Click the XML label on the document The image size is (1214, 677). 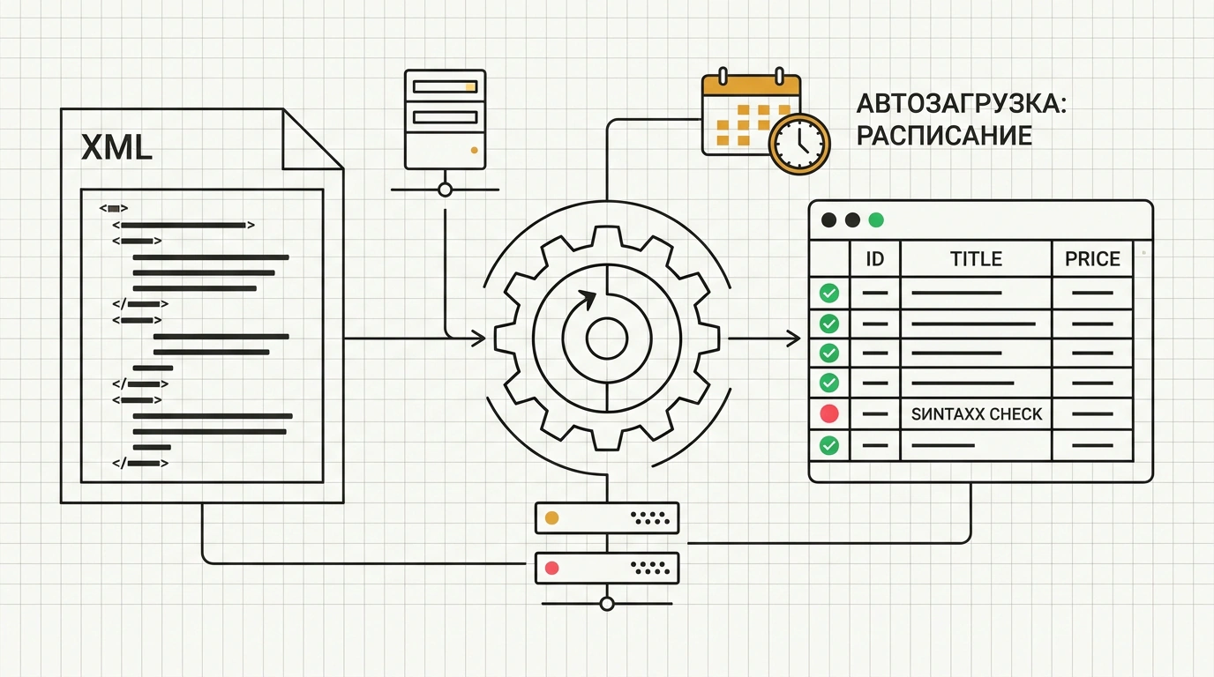tap(116, 147)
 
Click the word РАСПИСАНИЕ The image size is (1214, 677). tap(944, 136)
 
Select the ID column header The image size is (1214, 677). tap(874, 259)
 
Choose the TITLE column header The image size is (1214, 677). tap(976, 259)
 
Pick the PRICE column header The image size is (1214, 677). tap(1092, 259)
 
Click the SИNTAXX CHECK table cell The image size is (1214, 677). tap(976, 414)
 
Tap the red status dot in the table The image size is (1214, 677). tap(829, 413)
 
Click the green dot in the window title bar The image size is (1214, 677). tap(876, 219)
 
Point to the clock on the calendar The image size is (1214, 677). tap(799, 144)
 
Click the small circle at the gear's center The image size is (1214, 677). tap(607, 339)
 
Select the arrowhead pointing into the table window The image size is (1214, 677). tap(794, 339)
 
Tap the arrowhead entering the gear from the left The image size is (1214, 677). tap(478, 339)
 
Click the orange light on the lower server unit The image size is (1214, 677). tap(551, 518)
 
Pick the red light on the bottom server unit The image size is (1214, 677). tap(551, 569)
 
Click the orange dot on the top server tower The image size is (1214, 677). tap(475, 150)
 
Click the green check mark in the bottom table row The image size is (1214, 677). tap(829, 446)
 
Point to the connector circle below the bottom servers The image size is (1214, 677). tap(607, 603)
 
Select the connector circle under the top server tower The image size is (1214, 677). tap(445, 190)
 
